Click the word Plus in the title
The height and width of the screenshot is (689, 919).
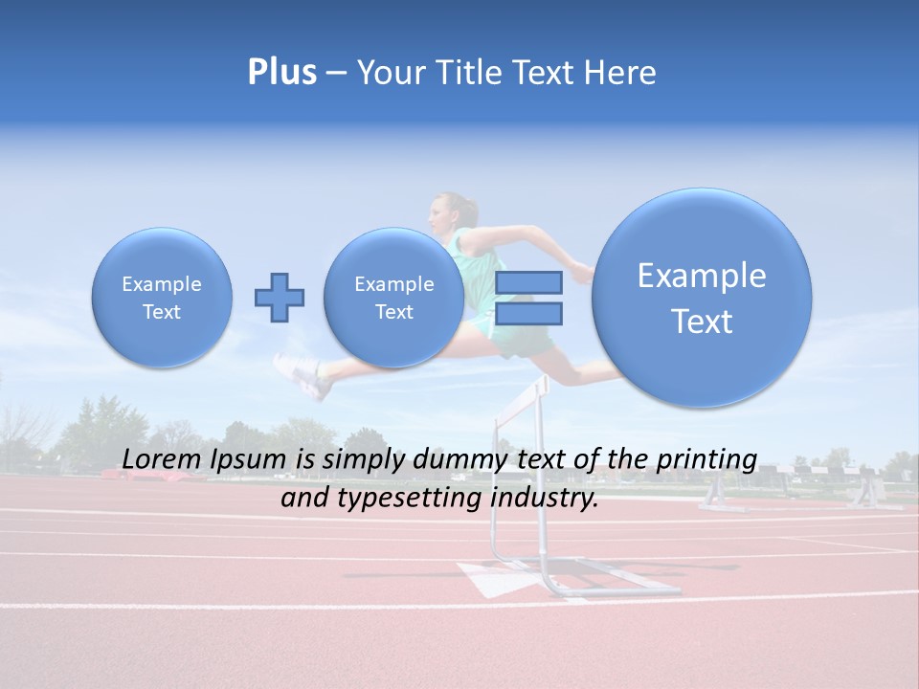point(282,73)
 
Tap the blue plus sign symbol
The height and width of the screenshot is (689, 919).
point(280,297)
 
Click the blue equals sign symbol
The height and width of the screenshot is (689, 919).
point(528,298)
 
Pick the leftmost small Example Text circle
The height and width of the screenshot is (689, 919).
point(162,298)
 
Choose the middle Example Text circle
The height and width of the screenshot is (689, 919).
point(393,298)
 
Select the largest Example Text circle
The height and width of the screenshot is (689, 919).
point(702,298)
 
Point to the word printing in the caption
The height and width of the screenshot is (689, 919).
point(706,460)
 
